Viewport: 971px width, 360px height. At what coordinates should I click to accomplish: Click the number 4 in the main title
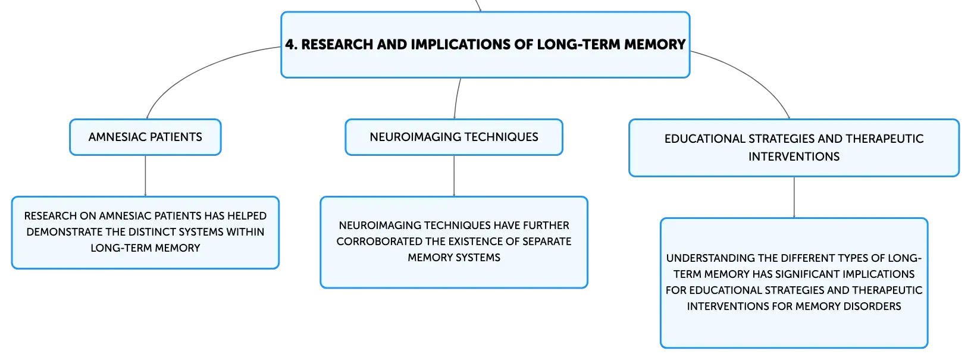click(290, 44)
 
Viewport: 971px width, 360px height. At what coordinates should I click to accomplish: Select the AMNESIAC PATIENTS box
click(145, 137)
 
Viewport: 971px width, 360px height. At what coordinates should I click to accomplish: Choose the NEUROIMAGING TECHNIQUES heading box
click(454, 137)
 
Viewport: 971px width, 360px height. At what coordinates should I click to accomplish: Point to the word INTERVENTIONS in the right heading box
click(794, 156)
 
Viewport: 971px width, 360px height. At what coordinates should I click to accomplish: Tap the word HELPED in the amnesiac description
click(247, 216)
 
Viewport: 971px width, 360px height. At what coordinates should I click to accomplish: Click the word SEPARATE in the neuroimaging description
click(547, 242)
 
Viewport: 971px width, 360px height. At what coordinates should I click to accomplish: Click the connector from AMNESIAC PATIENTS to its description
click(145, 176)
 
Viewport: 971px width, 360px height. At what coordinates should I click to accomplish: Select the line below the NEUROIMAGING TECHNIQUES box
click(454, 176)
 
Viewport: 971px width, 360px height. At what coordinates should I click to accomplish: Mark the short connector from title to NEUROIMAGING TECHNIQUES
click(456, 98)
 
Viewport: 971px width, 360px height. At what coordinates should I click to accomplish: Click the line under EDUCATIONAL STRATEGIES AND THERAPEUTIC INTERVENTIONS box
click(794, 198)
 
